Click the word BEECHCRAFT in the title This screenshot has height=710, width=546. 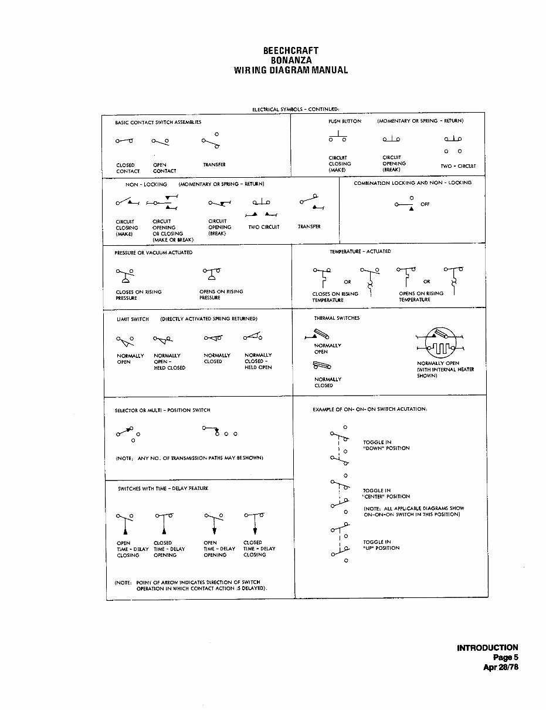pos(291,51)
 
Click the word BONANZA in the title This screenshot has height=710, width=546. pos(291,60)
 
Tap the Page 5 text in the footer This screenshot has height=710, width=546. pos(505,657)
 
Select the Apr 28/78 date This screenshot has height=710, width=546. pos(499,667)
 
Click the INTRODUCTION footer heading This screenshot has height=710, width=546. pos(487,648)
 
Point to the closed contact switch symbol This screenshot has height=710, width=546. pos(124,141)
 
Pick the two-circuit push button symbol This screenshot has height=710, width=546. pos(452,144)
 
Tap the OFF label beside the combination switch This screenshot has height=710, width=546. pos(425,204)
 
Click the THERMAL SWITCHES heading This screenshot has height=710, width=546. pos(337,318)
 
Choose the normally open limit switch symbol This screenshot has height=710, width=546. pos(126,340)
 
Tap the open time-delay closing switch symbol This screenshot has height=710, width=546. pos(125,523)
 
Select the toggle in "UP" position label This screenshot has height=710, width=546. pos(381,545)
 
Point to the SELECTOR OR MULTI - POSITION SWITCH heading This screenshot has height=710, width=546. pos(162,410)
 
